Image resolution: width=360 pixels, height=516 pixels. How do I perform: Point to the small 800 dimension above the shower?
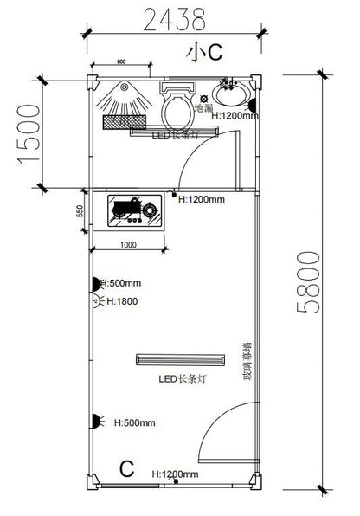(x=120, y=62)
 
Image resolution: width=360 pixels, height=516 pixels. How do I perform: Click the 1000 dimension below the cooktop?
(x=129, y=245)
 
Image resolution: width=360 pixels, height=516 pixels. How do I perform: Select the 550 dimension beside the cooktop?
(x=79, y=210)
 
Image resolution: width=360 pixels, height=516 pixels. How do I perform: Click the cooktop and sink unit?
(x=133, y=211)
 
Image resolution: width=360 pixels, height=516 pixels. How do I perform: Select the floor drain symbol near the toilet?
(x=204, y=97)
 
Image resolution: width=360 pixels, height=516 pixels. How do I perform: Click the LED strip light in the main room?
(x=181, y=358)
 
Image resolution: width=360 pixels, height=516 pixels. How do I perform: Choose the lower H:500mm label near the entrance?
(x=134, y=422)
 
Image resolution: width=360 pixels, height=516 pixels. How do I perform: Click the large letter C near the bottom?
(x=126, y=470)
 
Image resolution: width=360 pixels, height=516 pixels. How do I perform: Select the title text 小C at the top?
(x=205, y=52)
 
